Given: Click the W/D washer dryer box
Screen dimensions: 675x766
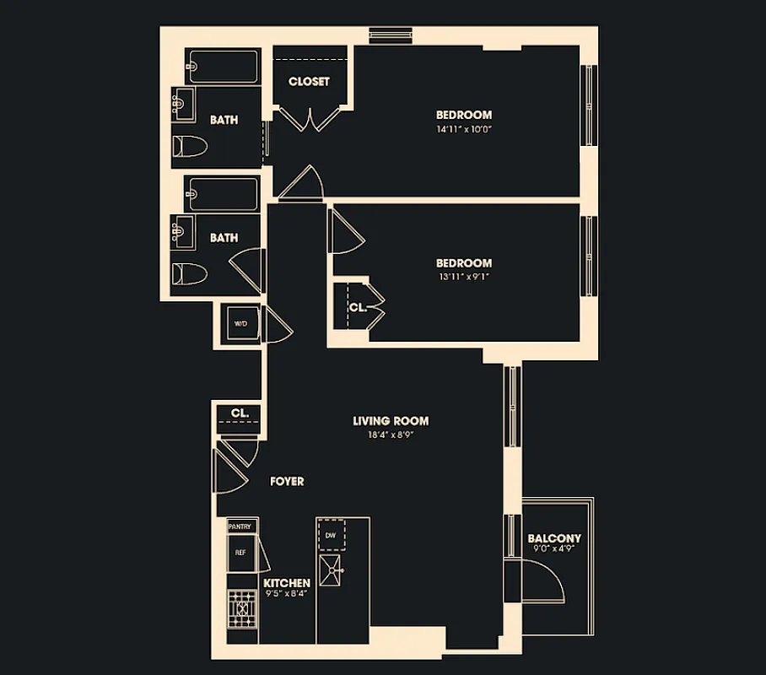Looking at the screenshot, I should pos(240,322).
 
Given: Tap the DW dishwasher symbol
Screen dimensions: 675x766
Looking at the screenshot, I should pos(330,534).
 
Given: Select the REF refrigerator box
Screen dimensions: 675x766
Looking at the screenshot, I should pos(240,553).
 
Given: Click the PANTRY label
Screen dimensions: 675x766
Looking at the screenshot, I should pos(240,526).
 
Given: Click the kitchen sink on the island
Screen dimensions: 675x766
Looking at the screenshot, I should pos(332,571).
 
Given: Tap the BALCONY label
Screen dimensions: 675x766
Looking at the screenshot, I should pos(554,538).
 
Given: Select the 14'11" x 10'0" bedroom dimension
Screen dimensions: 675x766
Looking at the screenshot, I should pos(463,130).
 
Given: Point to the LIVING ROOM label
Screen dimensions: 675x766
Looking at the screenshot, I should pos(391,421).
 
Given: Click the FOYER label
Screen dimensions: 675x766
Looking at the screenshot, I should pos(287,482).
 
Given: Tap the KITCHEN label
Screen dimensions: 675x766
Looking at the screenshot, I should pos(287,583).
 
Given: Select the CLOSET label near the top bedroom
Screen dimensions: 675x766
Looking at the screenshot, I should pos(309,82).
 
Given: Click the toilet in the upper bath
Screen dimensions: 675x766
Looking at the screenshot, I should pos(190,146).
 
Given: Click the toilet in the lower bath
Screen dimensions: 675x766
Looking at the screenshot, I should pos(190,273).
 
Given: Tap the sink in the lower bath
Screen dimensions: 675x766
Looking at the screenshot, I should pos(182,228).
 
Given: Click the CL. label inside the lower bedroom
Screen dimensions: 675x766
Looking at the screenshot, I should pos(358,308).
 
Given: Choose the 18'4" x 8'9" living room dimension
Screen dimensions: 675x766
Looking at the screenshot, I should pos(391,435).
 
